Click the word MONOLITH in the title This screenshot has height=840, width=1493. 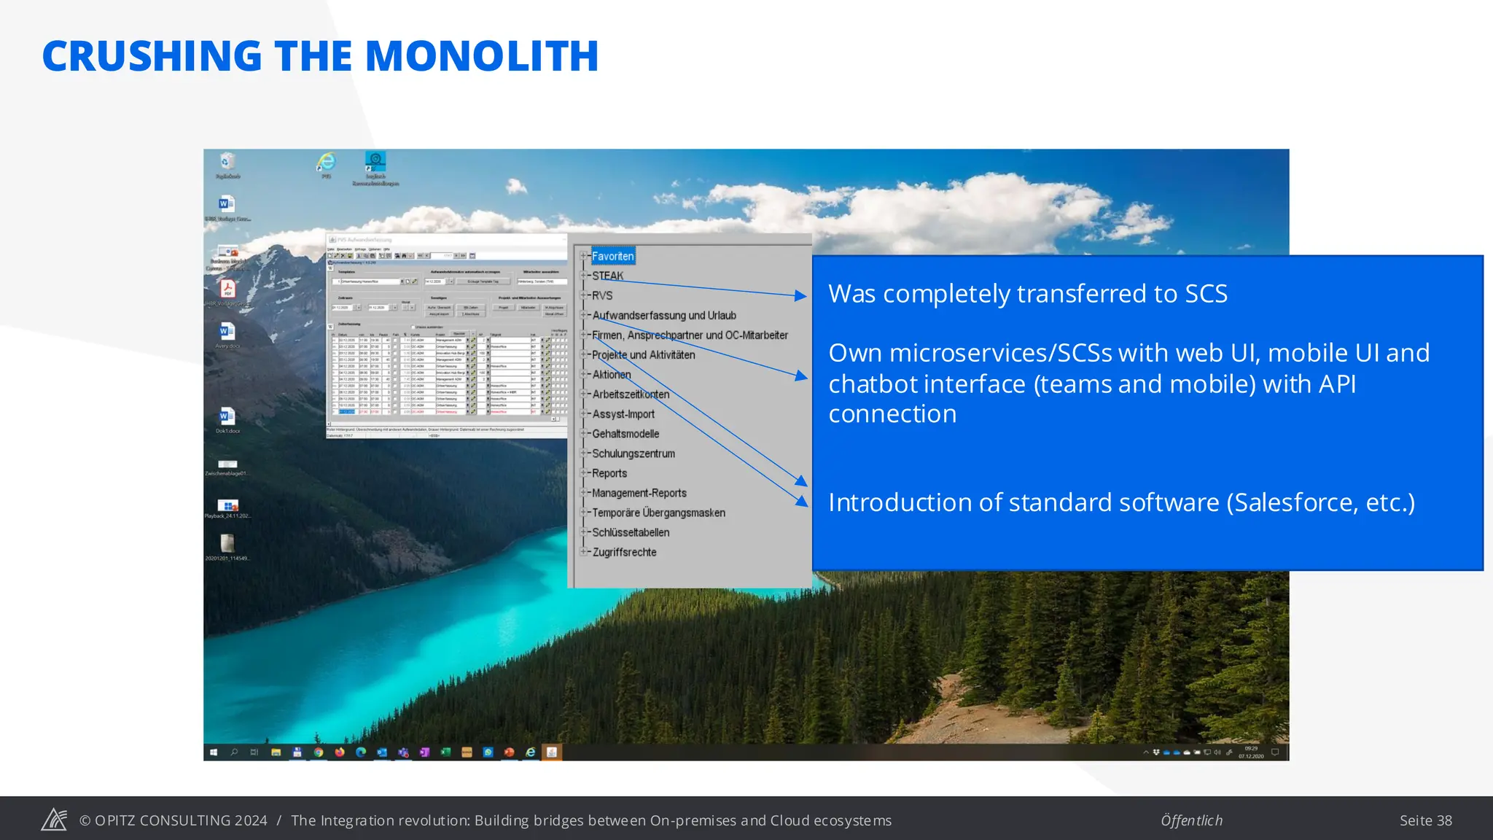pyautogui.click(x=481, y=56)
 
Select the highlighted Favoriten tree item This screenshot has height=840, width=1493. pyautogui.click(x=612, y=256)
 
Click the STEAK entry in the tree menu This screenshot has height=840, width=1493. pyautogui.click(x=607, y=276)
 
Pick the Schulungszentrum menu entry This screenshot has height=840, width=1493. pyautogui.click(x=633, y=454)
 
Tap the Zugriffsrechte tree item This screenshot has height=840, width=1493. pyautogui.click(x=624, y=552)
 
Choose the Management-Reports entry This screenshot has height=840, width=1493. pyautogui.click(x=639, y=493)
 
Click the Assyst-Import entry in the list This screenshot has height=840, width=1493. pyautogui.click(x=623, y=414)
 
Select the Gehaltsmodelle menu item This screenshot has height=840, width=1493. pyautogui.click(x=625, y=434)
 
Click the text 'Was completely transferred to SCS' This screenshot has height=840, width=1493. pyautogui.click(x=1027, y=293)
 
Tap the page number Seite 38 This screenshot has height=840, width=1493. pyautogui.click(x=1425, y=820)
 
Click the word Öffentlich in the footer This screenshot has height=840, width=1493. pyautogui.click(x=1191, y=820)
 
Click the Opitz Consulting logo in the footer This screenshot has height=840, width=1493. pyautogui.click(x=54, y=820)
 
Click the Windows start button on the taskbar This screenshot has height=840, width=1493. pyautogui.click(x=214, y=752)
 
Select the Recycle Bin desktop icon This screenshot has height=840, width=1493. pyautogui.click(x=227, y=162)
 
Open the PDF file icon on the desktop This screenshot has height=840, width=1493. pyautogui.click(x=227, y=289)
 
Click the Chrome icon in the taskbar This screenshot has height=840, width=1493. pyautogui.click(x=319, y=752)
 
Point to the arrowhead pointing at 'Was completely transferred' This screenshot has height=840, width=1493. pyautogui.click(x=801, y=295)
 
